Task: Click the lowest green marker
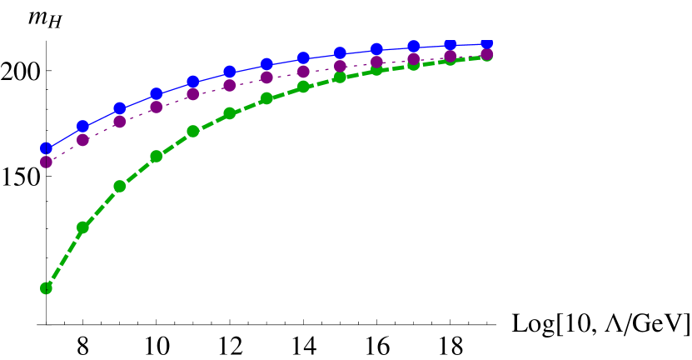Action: pos(47,288)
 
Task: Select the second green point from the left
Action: pos(83,227)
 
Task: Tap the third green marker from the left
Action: pos(120,186)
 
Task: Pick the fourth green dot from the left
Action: pos(157,157)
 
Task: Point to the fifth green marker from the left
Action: pos(193,131)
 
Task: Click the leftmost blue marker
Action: pos(47,148)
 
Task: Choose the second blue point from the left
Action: pos(83,127)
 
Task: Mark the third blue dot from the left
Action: pos(120,108)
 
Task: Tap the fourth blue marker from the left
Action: pos(157,94)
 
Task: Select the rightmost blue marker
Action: pos(487,43)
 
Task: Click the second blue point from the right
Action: pos(451,44)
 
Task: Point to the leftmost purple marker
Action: pos(47,162)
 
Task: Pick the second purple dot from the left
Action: pos(83,140)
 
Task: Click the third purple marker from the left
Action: pos(120,122)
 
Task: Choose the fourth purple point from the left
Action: pos(157,107)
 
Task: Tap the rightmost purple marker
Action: pos(487,54)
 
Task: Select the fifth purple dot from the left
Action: pos(193,94)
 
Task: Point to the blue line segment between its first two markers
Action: pos(65,137)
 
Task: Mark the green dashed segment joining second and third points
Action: pos(102,207)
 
